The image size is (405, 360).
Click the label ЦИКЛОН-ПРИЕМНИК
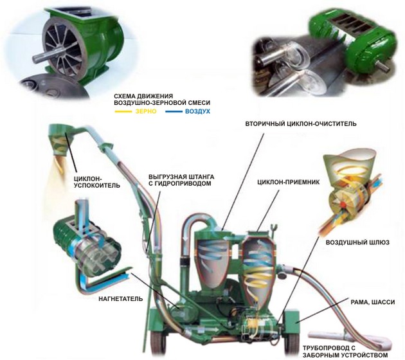pos(288,182)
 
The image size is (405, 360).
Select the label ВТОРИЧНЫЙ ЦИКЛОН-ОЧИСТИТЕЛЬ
pos(301,123)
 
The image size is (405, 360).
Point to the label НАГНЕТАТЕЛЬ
pos(121,299)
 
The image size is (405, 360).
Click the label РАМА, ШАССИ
pos(372,302)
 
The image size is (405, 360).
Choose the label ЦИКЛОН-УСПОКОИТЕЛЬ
pos(97,182)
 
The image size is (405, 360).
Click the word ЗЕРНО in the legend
pos(146,112)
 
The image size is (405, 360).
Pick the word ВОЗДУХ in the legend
pos(197,112)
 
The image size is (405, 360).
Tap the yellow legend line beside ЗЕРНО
pos(123,112)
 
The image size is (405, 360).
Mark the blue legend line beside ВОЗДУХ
pos(174,112)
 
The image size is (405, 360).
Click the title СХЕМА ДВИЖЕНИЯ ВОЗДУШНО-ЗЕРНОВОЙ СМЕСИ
pos(162,100)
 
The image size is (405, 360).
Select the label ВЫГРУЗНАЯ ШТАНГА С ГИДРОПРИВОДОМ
pos(181,180)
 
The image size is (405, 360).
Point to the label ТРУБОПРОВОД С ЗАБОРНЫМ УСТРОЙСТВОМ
pos(345,352)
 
